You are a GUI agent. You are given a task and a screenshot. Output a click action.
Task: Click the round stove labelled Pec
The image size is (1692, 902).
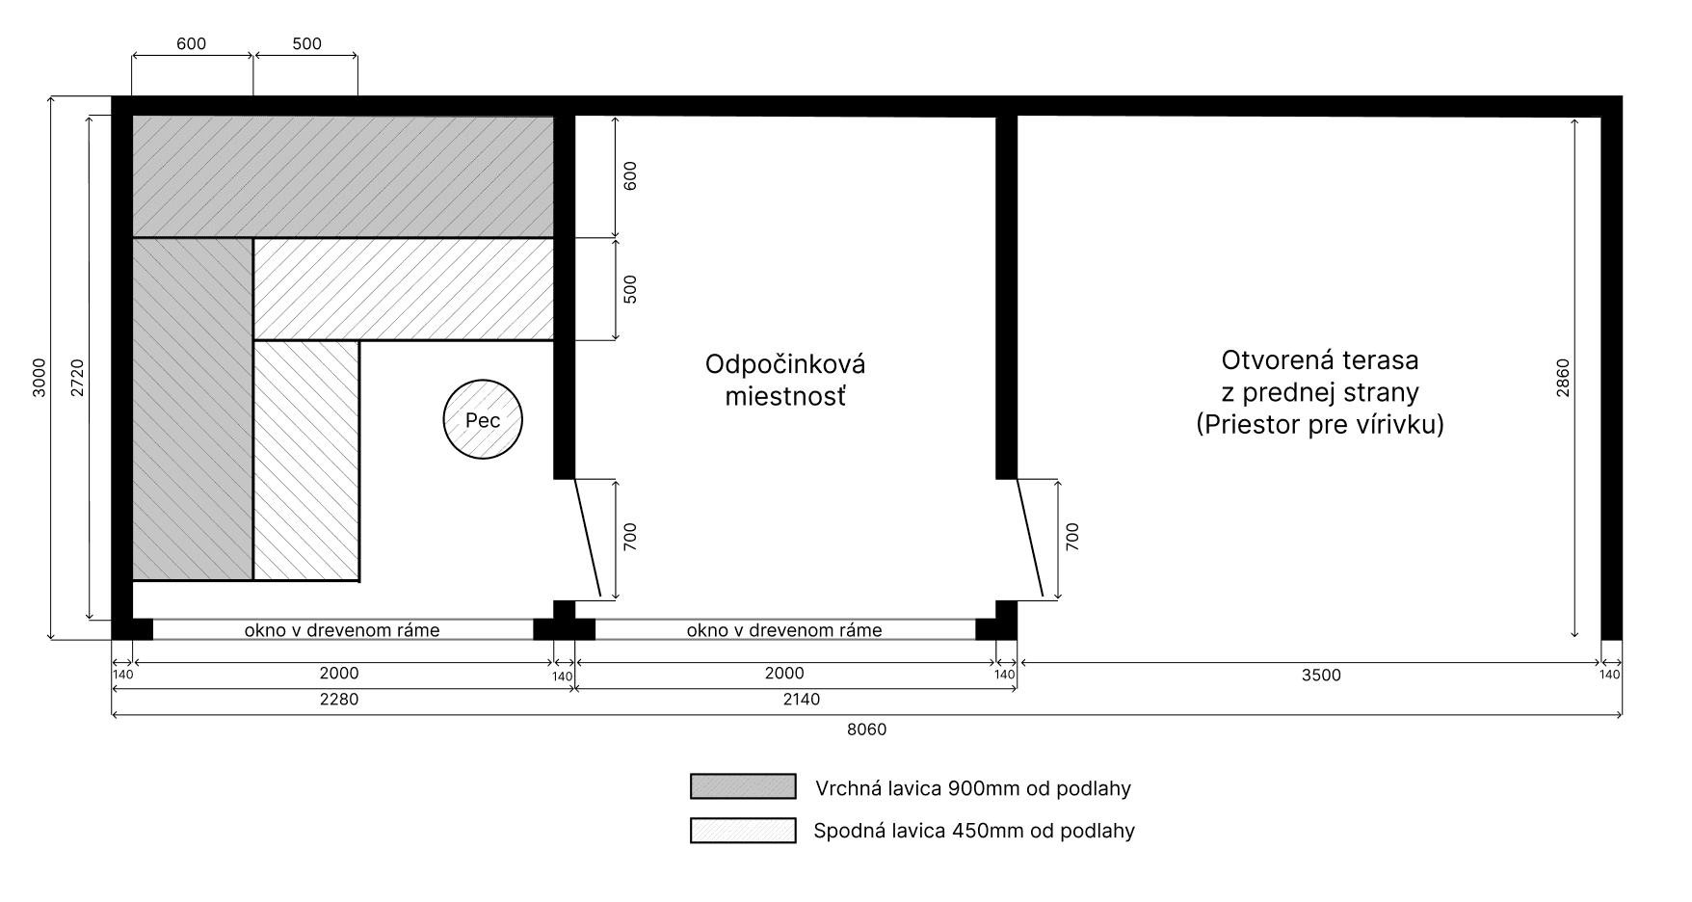[x=483, y=419]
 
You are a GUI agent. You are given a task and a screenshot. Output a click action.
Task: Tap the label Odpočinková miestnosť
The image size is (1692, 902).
[x=785, y=380]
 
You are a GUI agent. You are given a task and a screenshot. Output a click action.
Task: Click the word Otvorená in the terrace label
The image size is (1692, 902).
[x=1274, y=360]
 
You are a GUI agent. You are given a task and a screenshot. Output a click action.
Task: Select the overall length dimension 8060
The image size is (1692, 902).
[x=866, y=730]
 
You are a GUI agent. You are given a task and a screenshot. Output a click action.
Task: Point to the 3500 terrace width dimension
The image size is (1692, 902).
[x=1321, y=675]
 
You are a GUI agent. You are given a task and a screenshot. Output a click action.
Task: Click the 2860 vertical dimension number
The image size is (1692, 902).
[x=1562, y=379]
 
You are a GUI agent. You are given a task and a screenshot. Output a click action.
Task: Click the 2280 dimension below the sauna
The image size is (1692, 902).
[x=339, y=699]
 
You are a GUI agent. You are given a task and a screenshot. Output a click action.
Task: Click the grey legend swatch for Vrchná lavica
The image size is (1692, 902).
[x=743, y=786]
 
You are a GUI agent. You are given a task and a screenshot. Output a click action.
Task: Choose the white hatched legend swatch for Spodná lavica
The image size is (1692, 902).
[x=743, y=830]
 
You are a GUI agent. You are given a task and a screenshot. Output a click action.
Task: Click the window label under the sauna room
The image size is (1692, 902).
[x=342, y=630]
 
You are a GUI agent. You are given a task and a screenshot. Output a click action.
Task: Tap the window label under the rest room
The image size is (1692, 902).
[x=784, y=630]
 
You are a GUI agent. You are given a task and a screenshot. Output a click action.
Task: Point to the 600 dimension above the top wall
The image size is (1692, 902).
[x=192, y=44]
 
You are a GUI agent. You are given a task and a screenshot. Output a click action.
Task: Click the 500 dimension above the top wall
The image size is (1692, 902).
[x=306, y=44]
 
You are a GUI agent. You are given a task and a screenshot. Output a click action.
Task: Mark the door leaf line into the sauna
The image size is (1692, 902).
[x=587, y=538]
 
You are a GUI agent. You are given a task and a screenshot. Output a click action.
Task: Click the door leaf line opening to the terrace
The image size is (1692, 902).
[x=1030, y=538]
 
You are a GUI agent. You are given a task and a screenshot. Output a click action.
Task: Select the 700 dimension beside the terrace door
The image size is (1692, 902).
[x=1072, y=537]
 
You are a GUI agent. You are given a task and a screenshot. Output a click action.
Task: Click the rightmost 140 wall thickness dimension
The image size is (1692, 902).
[x=1609, y=675]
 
